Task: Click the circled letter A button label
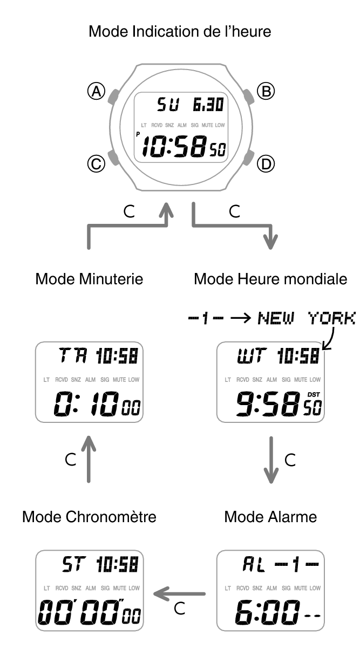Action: click(97, 92)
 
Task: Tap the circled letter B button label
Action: click(266, 91)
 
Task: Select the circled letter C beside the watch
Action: click(97, 164)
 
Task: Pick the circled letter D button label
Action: click(266, 164)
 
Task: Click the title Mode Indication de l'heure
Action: click(180, 31)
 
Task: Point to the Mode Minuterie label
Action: click(89, 279)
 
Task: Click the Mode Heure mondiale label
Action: click(270, 279)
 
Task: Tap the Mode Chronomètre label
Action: click(89, 517)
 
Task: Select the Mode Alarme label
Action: click(270, 517)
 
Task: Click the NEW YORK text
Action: click(307, 318)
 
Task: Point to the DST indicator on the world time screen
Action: click(314, 395)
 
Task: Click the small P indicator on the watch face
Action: click(138, 134)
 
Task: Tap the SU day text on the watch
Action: click(168, 105)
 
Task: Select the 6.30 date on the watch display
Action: click(208, 105)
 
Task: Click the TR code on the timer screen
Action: click(73, 355)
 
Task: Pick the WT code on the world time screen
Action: click(252, 355)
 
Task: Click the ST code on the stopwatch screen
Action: click(74, 564)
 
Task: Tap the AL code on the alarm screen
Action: click(254, 564)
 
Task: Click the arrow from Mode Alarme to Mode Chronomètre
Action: click(179, 594)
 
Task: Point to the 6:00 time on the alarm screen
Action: click(267, 613)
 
